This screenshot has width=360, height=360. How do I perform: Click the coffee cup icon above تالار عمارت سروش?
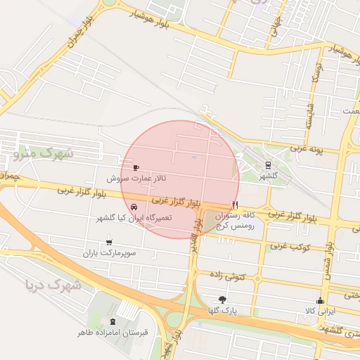tap(136, 167)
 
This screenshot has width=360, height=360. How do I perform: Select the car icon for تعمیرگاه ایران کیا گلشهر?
tap(134, 207)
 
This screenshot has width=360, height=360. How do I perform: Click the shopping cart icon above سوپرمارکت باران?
tap(109, 242)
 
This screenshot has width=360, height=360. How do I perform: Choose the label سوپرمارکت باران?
tap(109, 252)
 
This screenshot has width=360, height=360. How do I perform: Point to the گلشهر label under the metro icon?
tap(269, 176)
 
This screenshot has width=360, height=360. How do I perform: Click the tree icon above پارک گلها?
tap(223, 300)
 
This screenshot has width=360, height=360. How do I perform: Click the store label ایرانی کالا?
tap(321, 311)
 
